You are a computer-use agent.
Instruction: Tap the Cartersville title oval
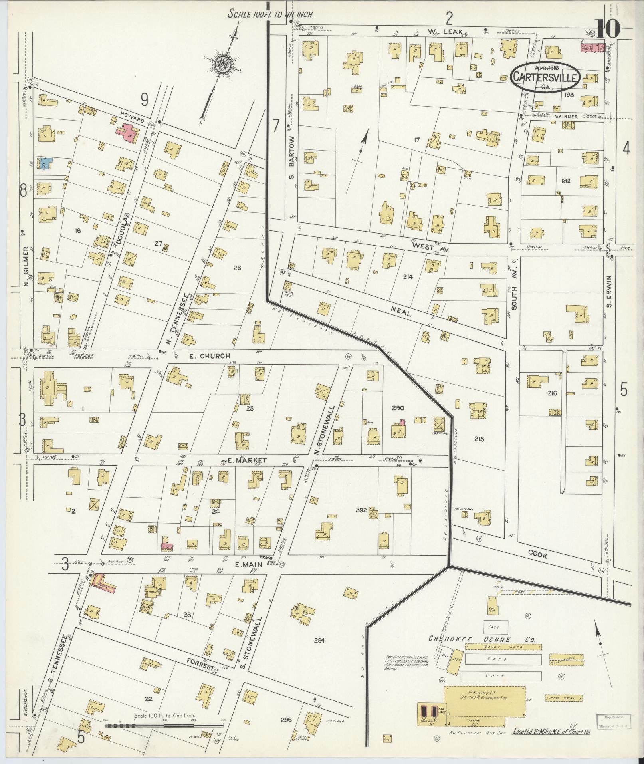(x=545, y=77)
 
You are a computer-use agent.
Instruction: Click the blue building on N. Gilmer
(x=44, y=164)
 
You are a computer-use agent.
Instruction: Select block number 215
(x=479, y=439)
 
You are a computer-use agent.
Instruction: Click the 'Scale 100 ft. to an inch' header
(x=270, y=14)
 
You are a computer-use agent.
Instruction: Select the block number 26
(x=237, y=268)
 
